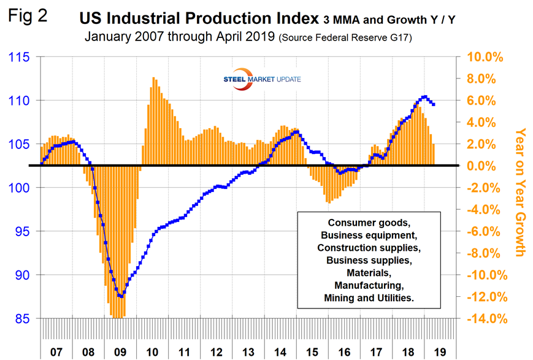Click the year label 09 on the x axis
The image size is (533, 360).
(120, 353)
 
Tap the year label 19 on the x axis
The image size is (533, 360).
(439, 353)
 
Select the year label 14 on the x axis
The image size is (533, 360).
(280, 353)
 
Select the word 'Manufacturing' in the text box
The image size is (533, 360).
(369, 285)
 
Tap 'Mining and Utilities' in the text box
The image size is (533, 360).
(369, 297)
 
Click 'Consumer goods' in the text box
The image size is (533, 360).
(369, 222)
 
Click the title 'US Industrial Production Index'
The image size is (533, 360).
(199, 18)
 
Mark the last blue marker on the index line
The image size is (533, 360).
(434, 104)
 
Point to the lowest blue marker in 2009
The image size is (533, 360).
(121, 296)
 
